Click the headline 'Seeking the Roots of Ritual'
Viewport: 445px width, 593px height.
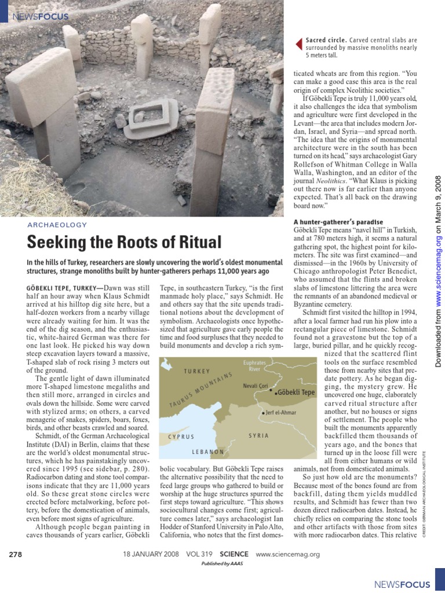tap(125, 241)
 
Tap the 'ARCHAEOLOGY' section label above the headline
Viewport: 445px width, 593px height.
tap(57, 225)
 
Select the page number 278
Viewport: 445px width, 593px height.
tap(16, 554)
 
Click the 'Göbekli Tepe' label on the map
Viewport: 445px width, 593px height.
tap(296, 392)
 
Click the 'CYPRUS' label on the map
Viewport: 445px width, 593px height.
tap(181, 436)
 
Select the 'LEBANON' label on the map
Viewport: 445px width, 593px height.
tap(208, 451)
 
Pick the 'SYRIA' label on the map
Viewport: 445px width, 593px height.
tap(258, 435)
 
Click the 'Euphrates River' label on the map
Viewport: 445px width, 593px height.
tap(254, 366)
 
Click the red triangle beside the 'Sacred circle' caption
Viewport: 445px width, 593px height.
tap(298, 42)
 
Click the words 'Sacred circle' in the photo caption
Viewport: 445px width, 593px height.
tap(325, 41)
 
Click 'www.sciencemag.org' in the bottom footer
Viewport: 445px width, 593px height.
tap(287, 554)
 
